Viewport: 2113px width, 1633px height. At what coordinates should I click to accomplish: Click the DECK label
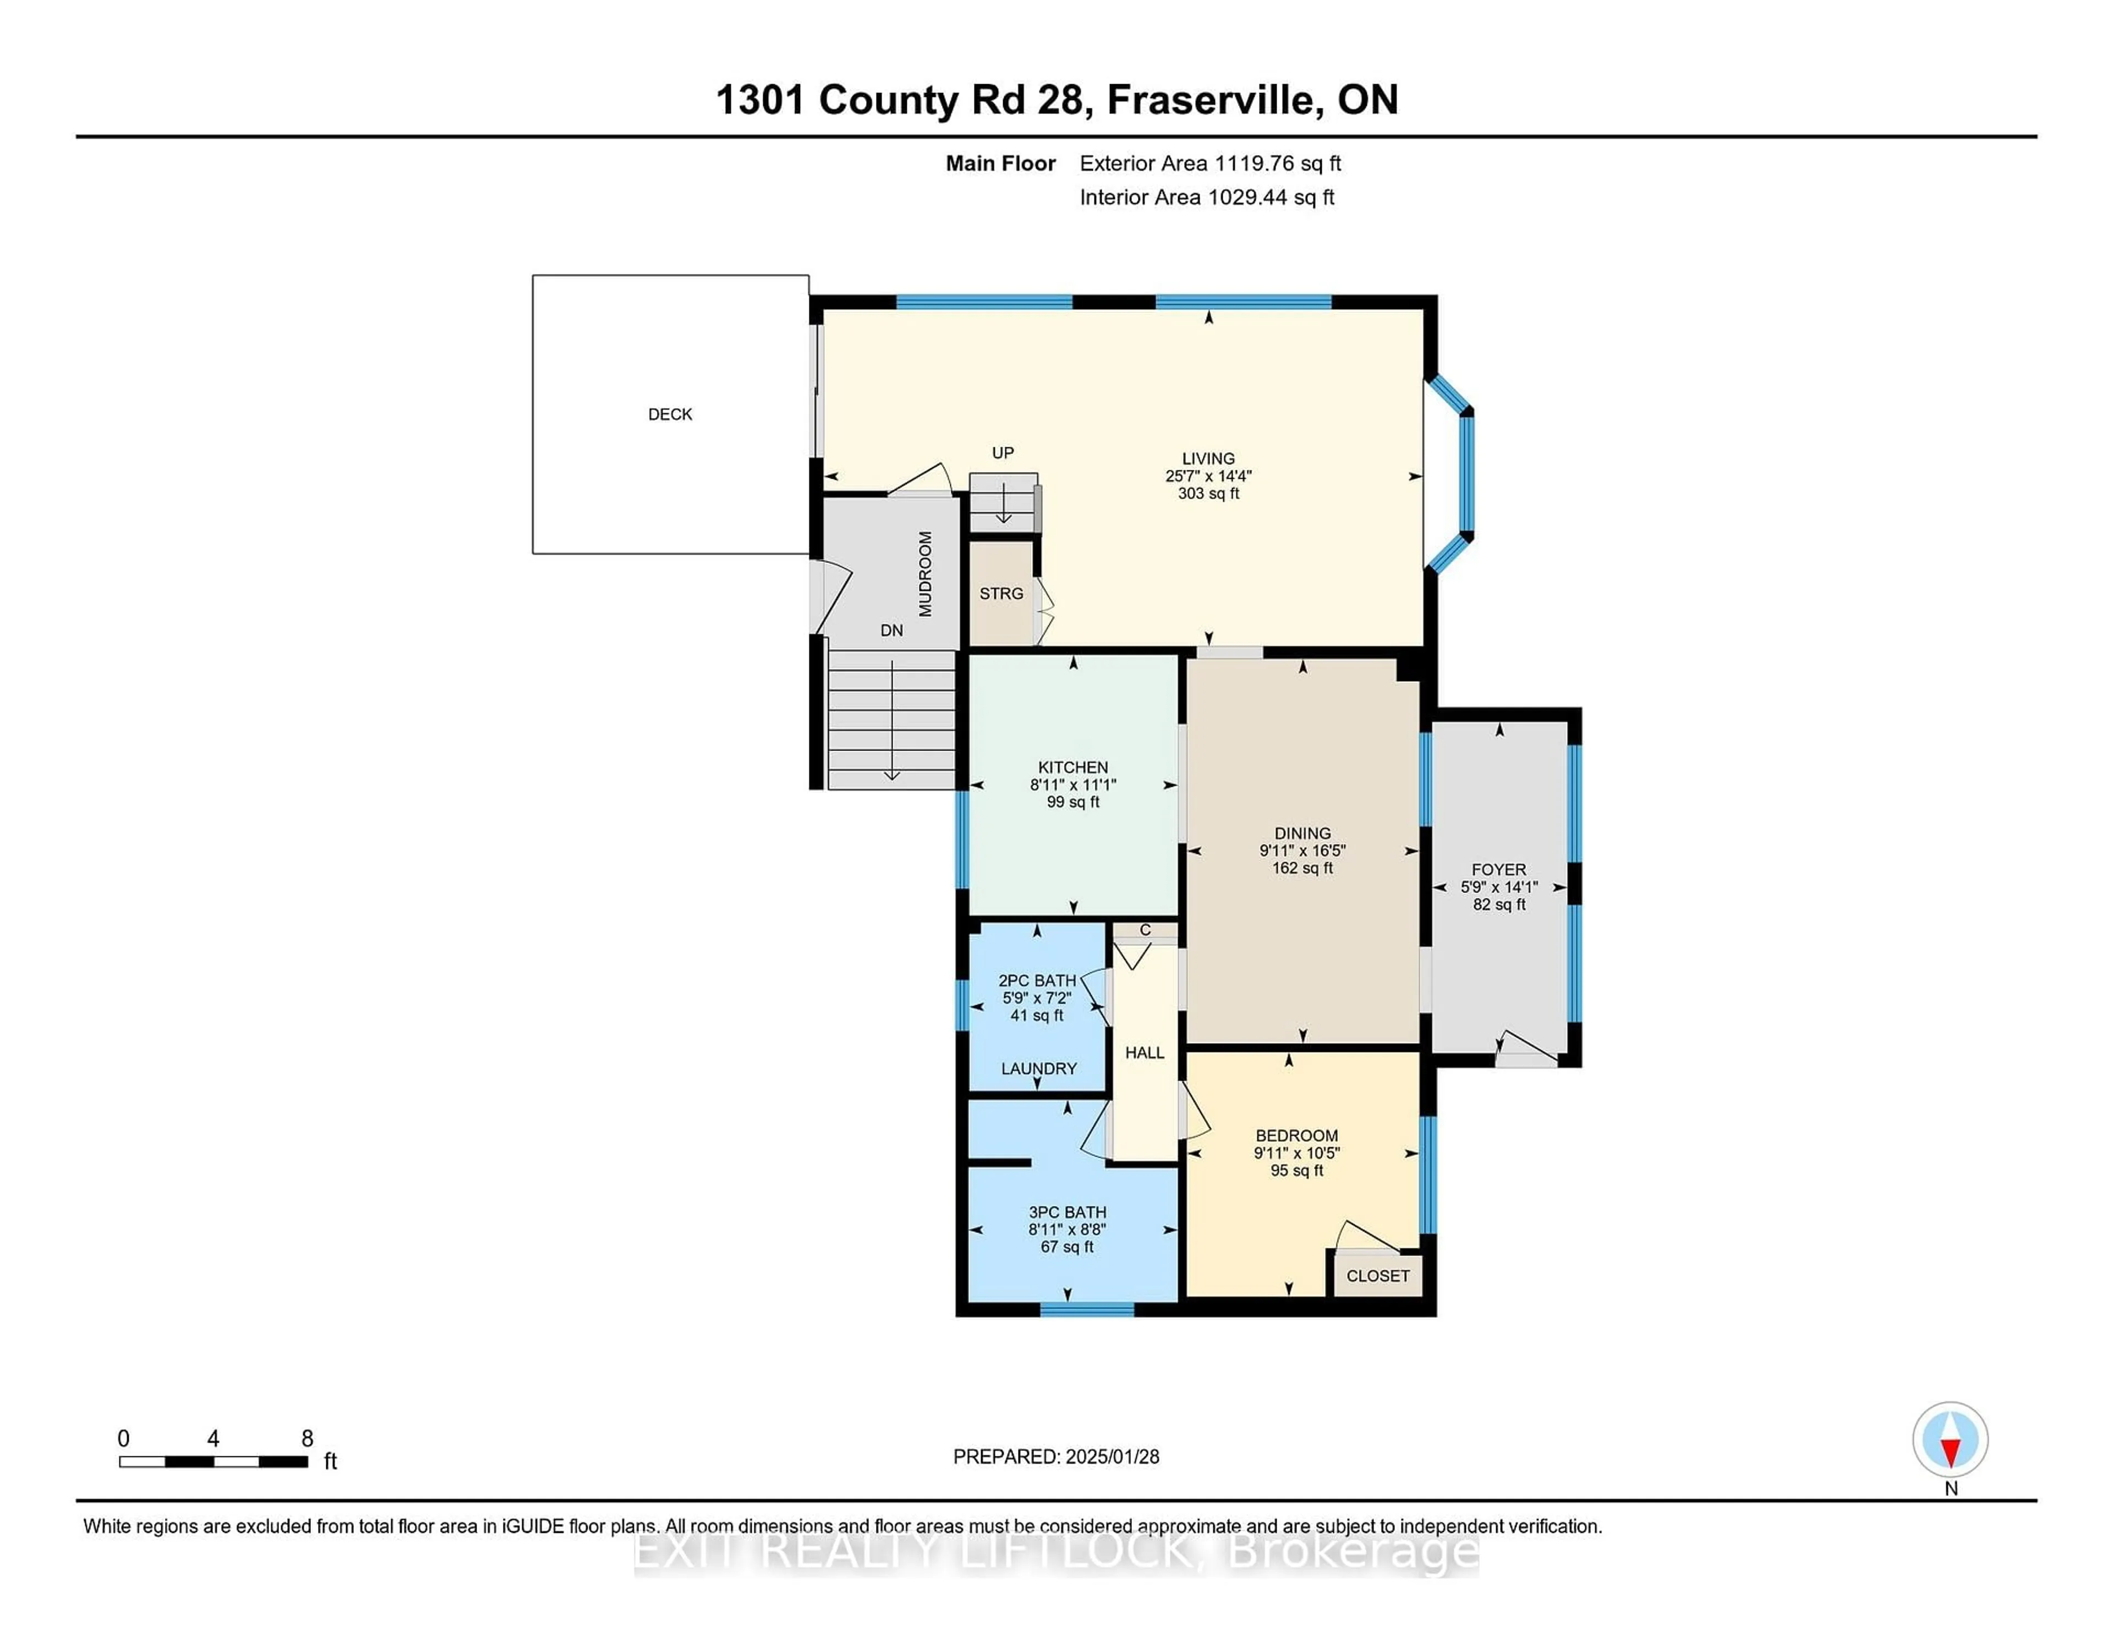click(x=670, y=414)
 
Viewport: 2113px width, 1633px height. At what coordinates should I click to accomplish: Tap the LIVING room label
click(x=1207, y=458)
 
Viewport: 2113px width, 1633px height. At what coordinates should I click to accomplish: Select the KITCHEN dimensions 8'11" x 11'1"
click(x=1073, y=785)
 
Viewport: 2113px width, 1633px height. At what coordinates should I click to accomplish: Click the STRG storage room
click(x=1001, y=593)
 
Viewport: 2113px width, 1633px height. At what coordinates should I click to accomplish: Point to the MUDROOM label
click(x=925, y=574)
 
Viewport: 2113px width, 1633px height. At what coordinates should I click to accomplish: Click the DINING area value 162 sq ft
click(x=1302, y=868)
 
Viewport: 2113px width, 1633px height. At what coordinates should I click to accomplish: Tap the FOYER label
click(x=1499, y=870)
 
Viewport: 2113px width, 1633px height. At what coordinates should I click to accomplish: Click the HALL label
click(x=1145, y=1053)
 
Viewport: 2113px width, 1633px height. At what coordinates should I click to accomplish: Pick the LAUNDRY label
click(x=1038, y=1068)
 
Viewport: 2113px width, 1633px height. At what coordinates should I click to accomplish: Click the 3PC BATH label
click(x=1067, y=1212)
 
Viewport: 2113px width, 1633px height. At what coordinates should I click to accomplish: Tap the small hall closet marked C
click(x=1145, y=930)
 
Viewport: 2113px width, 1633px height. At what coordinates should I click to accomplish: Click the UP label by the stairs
click(x=1003, y=453)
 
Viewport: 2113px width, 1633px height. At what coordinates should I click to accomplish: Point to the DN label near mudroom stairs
click(x=891, y=631)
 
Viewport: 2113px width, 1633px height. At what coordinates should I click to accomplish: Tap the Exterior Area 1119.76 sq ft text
click(x=1209, y=163)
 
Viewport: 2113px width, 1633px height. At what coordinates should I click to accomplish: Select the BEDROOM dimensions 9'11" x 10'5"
click(x=1296, y=1153)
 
